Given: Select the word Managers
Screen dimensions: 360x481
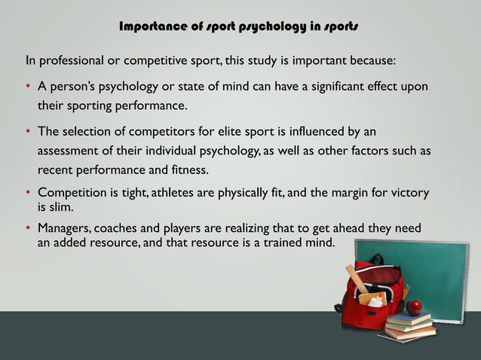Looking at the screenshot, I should point(66,228).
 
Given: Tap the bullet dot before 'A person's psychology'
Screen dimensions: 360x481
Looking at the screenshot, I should point(29,87).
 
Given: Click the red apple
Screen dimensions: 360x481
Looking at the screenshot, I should point(413,307).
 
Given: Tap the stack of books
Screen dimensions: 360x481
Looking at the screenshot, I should point(410,325).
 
